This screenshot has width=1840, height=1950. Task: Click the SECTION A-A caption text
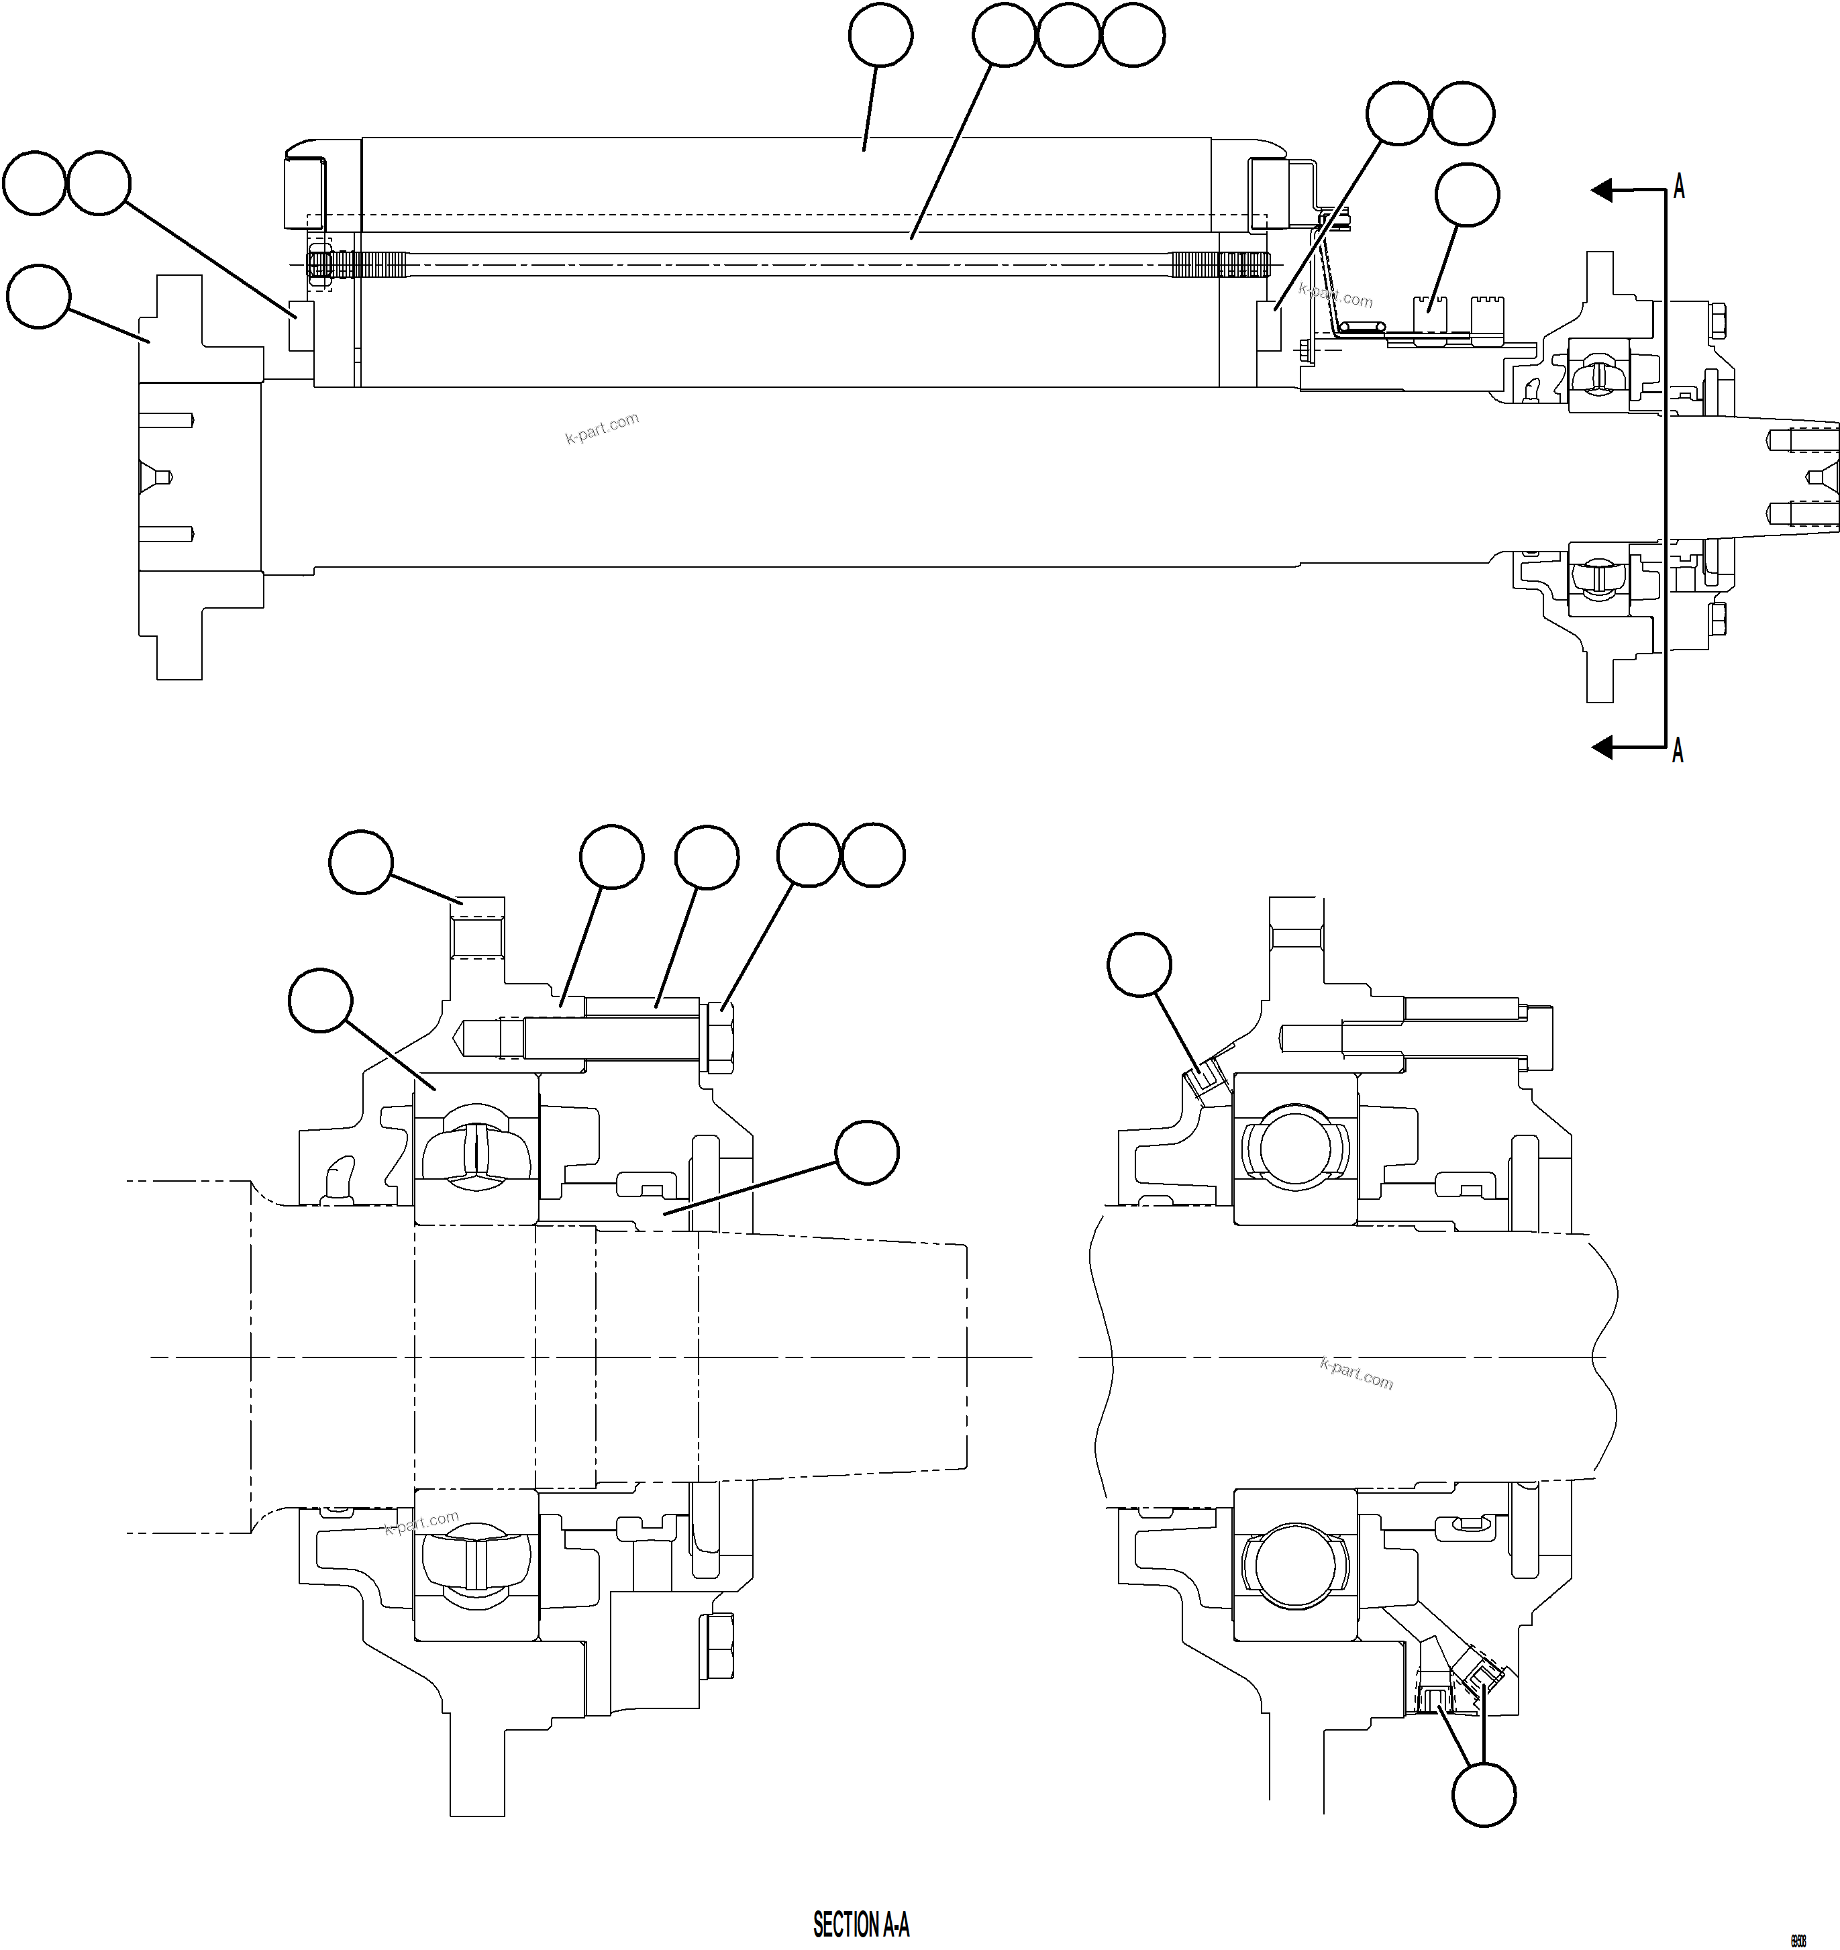860,1925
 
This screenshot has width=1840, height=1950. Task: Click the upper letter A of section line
1678,187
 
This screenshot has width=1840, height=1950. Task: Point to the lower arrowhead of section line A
1602,748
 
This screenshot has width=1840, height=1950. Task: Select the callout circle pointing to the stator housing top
880,36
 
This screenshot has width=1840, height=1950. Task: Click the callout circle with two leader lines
1483,1794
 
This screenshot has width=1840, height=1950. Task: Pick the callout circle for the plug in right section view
1139,964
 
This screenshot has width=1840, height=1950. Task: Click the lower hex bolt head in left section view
719,1647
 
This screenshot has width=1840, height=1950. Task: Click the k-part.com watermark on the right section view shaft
1356,1373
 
